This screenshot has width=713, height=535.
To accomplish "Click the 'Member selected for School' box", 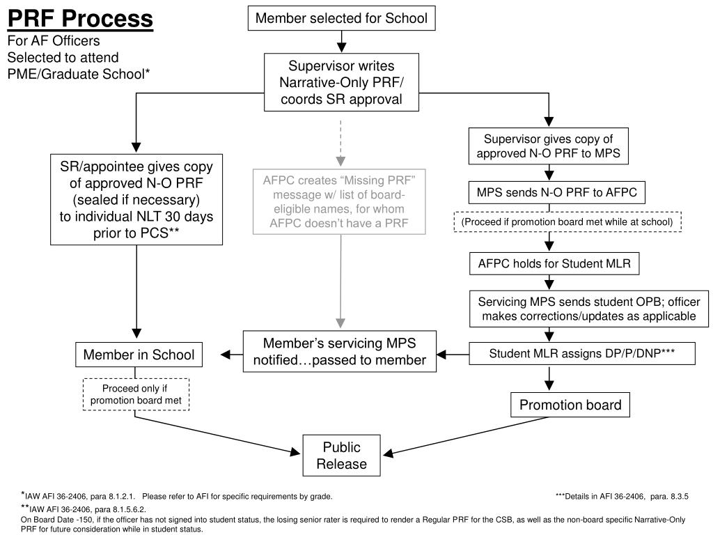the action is coord(341,18).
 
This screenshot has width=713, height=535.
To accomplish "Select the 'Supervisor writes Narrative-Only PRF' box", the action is coord(341,82).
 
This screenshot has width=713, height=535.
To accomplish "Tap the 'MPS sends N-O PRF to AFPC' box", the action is coord(556,192).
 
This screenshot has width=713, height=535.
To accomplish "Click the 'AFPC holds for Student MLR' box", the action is coord(554,263).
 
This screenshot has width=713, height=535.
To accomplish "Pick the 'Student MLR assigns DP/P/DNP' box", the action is coord(582,353).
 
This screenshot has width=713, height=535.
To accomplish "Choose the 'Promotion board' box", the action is coord(570,405).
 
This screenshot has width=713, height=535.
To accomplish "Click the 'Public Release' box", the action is coord(341,456).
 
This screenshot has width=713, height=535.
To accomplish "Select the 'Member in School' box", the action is coord(139,355).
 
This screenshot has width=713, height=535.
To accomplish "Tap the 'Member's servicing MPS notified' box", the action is coord(340,351).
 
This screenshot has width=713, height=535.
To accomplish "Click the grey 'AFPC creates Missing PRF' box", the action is coord(339,201).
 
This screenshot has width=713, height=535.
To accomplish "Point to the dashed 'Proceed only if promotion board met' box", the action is coord(136,394).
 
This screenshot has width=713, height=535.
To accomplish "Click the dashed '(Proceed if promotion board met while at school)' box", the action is coord(567,222).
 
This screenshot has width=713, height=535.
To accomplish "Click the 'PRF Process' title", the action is coord(81,19).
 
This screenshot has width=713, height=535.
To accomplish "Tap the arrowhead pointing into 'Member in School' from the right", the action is coord(226,355).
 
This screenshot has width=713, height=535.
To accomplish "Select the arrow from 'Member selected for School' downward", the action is coord(341,41).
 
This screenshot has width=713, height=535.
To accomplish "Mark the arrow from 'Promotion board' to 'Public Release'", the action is coord(466,435).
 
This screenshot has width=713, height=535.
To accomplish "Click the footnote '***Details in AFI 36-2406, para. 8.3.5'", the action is coord(622,496).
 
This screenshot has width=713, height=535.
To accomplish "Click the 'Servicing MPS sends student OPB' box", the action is coord(589,309).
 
